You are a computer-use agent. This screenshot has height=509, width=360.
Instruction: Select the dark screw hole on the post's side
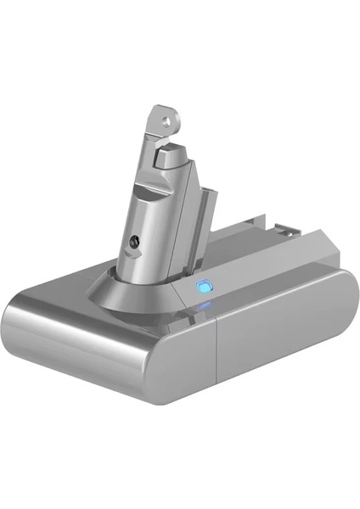133,243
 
